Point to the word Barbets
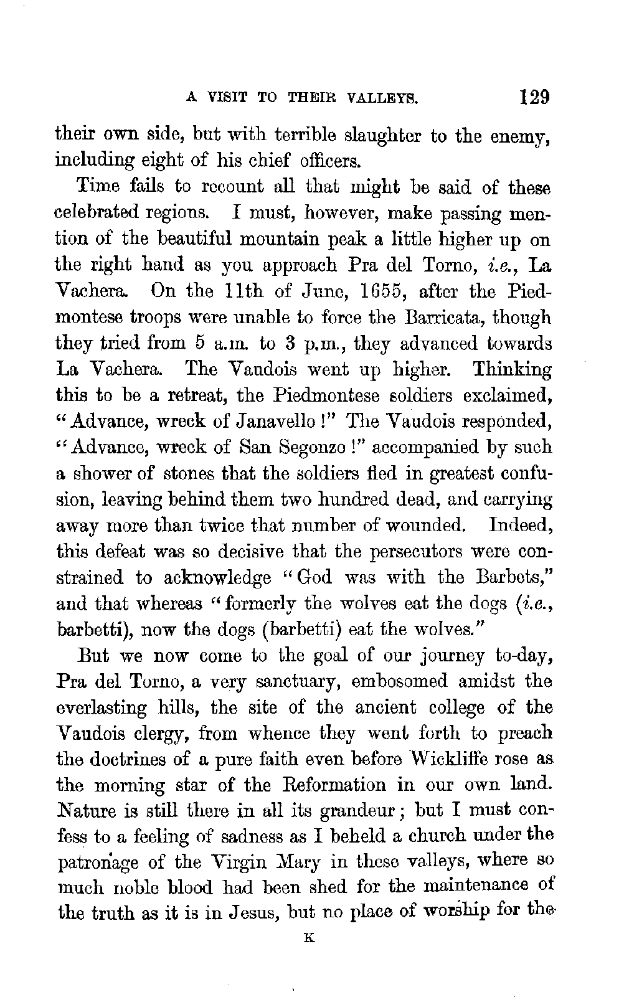513,579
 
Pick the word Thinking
511,370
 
